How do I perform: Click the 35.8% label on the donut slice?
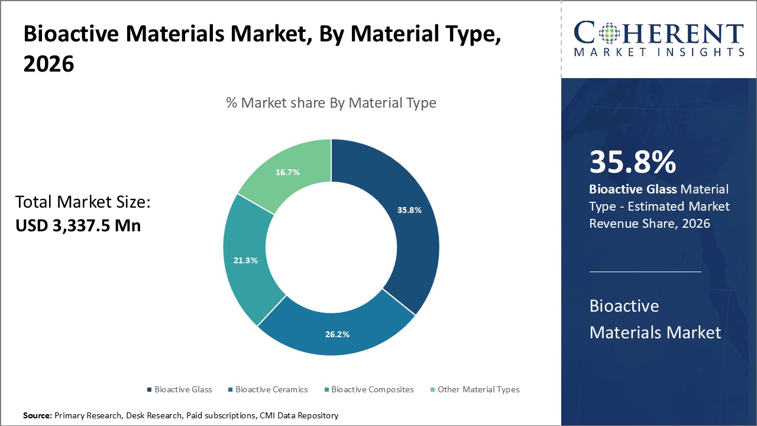click(409, 210)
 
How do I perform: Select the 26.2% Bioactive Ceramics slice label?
click(337, 334)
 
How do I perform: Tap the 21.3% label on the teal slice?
click(245, 260)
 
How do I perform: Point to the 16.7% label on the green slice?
click(287, 172)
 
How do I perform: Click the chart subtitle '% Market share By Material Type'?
click(331, 102)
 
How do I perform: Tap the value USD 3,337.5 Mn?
click(78, 225)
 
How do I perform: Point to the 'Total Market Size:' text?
click(83, 202)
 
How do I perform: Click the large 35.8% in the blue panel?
click(632, 162)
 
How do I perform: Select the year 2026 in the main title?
click(48, 64)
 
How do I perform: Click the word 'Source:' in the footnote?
click(37, 416)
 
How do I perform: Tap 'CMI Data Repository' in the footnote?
click(299, 416)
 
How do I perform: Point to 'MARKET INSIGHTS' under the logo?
click(659, 52)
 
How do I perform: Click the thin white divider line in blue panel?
click(645, 272)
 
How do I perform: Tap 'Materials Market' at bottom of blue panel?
click(655, 332)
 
